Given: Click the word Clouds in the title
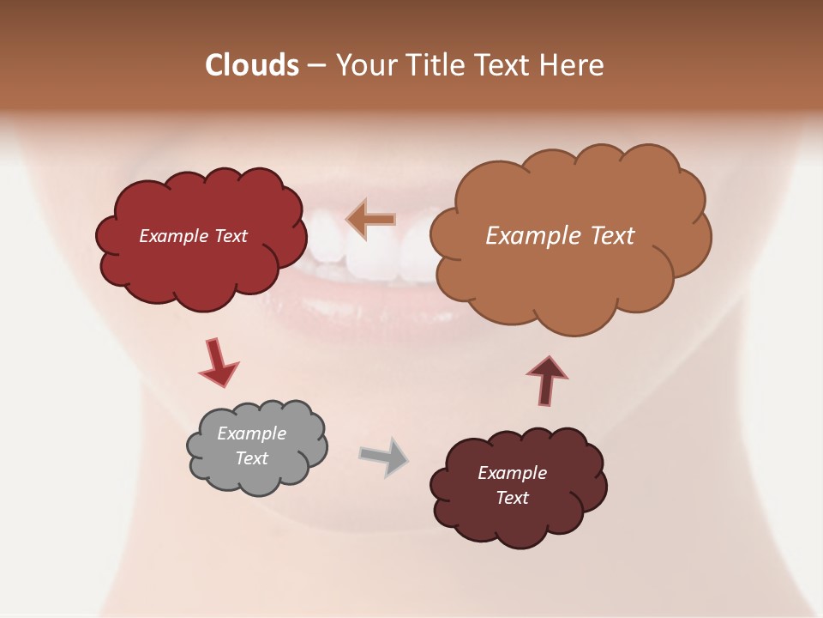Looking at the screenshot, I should tap(252, 65).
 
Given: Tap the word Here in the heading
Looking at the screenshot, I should tap(572, 65).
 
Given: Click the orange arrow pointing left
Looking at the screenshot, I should tap(371, 220).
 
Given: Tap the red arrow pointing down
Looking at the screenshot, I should tap(218, 363).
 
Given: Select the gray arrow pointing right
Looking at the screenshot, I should tap(383, 457).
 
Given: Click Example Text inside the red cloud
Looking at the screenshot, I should tap(193, 236).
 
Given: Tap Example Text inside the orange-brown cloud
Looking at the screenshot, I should tap(560, 236).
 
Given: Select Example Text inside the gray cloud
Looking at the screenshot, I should tap(252, 445).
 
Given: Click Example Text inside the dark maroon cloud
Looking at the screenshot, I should tap(512, 485).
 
